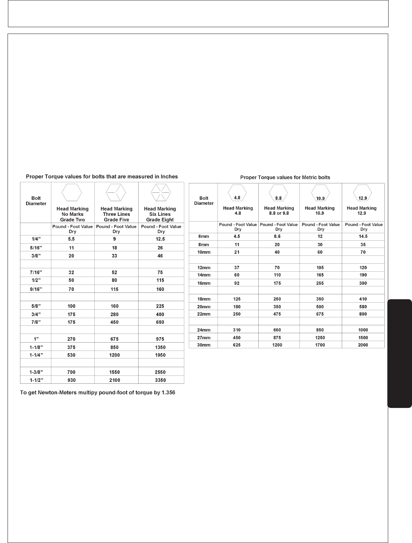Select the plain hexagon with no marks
point(72,192)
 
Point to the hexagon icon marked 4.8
point(238,194)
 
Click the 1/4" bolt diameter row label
point(36,239)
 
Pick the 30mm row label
point(204,345)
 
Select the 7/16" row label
point(36,272)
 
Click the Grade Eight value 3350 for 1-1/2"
point(160,380)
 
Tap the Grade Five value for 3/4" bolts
point(114,314)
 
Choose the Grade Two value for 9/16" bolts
point(71,289)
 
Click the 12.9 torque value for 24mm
point(363,330)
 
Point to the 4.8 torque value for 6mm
point(237,236)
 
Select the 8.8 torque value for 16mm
point(277,283)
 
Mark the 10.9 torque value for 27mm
point(320,338)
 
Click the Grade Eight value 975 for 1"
point(160,339)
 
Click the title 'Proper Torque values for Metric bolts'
point(285,177)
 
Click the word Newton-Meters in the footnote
point(51,392)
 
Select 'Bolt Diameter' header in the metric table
point(204,200)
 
